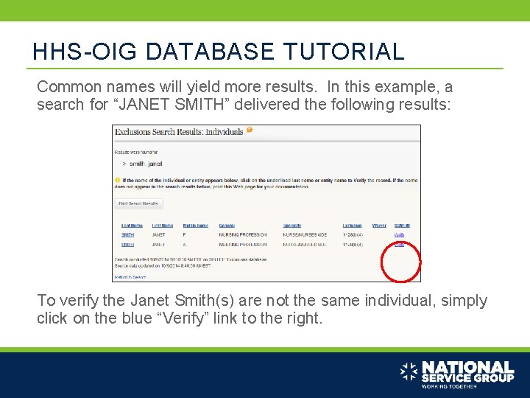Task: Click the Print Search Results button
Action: (139, 203)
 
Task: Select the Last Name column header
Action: (132, 226)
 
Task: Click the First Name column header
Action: (162, 226)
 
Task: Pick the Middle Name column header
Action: (196, 226)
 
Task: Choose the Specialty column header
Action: (294, 226)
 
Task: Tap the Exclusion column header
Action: (353, 226)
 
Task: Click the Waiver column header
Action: (379, 226)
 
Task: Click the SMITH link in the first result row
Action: (127, 234)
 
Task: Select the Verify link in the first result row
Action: (399, 234)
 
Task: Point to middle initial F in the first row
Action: (185, 234)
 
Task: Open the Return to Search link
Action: (130, 277)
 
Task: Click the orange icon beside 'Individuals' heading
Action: (250, 130)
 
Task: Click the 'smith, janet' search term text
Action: (146, 164)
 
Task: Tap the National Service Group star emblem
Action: (409, 372)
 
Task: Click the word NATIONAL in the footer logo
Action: (467, 367)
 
